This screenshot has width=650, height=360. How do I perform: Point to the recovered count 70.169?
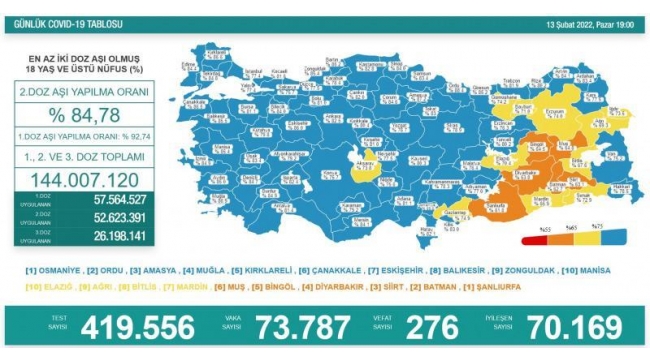coord(565,326)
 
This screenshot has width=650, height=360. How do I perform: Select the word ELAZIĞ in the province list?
coord(51,285)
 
